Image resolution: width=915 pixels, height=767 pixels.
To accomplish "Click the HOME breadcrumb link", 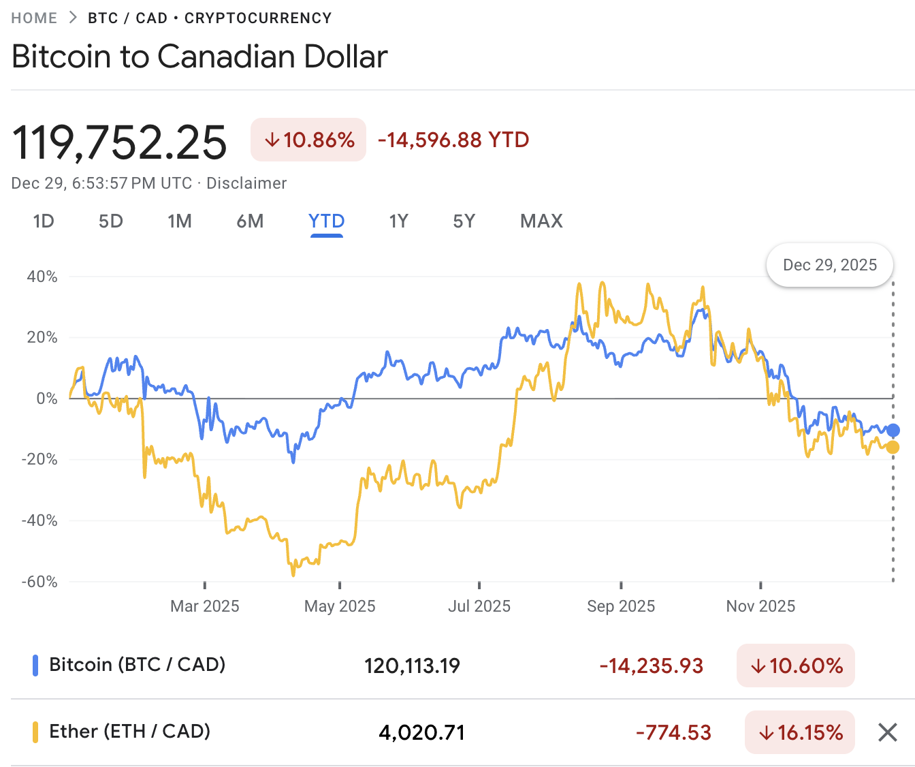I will click(34, 18).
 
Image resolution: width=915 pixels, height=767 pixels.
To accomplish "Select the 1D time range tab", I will click(44, 221).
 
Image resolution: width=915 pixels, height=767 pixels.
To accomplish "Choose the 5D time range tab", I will click(111, 221).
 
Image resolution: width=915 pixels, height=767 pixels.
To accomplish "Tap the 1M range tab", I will click(180, 221).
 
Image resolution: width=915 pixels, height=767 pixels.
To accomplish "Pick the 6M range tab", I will click(250, 221).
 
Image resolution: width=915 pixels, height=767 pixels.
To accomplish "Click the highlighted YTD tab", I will click(326, 221).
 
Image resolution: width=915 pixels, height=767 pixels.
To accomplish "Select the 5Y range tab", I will click(464, 221).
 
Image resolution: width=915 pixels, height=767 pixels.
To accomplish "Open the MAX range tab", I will click(541, 221).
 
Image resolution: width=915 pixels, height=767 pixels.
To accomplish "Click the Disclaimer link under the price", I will click(246, 183).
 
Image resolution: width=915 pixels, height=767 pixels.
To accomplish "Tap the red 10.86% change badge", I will click(308, 140).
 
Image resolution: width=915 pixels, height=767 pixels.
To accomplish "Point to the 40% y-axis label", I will click(42, 277).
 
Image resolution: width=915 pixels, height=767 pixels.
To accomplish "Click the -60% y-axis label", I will click(39, 582).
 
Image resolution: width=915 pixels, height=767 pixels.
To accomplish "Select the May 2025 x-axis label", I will click(340, 606).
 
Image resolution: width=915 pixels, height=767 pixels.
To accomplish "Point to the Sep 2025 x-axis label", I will click(621, 606).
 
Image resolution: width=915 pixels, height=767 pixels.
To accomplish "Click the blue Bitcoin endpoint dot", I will click(893, 430).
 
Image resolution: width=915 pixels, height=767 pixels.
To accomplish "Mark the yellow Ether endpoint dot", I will click(893, 448).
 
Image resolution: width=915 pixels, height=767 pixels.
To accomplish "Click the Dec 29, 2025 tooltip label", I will click(830, 265).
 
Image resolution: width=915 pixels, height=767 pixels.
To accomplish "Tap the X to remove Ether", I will click(888, 732).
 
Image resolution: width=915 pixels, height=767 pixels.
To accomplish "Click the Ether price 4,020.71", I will click(422, 733).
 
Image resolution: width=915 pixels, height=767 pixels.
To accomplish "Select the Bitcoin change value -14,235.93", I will click(651, 666).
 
